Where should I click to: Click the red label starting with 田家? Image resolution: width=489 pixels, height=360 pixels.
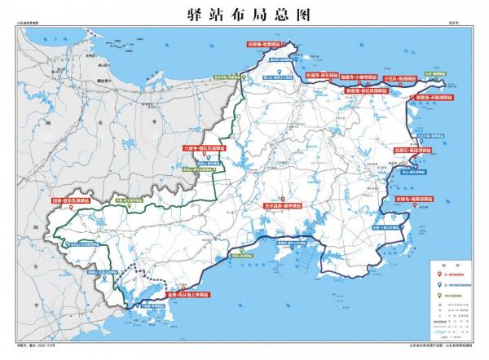(70, 199)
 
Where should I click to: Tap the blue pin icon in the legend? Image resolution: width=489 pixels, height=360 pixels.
(438, 286)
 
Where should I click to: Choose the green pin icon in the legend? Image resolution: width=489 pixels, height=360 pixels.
(438, 294)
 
